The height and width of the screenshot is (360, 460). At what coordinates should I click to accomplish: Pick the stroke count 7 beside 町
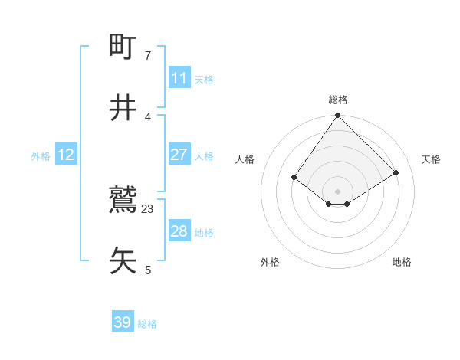(148, 56)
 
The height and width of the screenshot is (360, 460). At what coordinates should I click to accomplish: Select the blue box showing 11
(179, 78)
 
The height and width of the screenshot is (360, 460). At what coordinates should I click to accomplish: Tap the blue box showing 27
(179, 155)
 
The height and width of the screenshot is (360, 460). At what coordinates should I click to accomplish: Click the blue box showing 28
(179, 231)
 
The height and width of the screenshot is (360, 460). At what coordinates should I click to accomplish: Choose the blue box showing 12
(66, 155)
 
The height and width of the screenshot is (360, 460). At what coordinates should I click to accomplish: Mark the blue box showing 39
(123, 322)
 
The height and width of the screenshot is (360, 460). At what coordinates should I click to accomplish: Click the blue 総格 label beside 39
(147, 324)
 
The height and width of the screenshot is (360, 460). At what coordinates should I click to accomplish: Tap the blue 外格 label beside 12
(41, 156)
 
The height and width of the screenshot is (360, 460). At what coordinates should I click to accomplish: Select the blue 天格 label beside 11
(204, 80)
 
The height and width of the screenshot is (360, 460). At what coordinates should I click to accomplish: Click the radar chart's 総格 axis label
(338, 100)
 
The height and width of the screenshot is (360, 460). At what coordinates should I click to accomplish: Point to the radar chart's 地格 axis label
(402, 262)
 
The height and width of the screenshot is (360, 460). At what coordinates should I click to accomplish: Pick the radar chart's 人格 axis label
(245, 159)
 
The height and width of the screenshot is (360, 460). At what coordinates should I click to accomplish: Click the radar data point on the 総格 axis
(338, 116)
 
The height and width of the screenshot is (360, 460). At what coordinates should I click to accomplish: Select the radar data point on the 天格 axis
(396, 172)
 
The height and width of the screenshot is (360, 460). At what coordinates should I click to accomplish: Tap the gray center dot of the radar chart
(338, 191)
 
